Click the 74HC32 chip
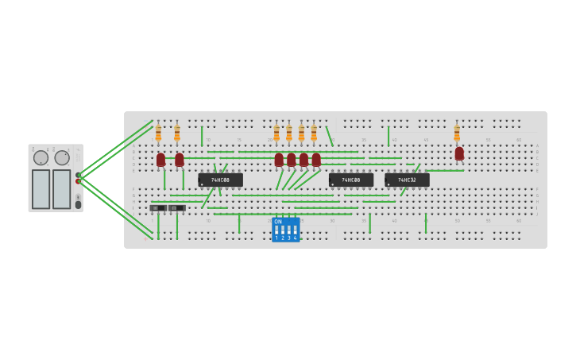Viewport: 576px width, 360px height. coord(407,180)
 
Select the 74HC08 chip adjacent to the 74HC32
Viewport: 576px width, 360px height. coord(351,180)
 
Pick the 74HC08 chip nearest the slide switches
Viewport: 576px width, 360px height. coord(220,180)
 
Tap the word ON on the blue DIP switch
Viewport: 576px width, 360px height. coord(278,222)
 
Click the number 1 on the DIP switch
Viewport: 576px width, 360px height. coord(276,238)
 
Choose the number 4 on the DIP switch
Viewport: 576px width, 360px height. coord(295,238)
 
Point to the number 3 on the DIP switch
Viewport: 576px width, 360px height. coord(288,238)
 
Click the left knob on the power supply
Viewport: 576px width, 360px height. coord(41,157)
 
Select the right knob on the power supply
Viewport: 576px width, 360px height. coord(62,157)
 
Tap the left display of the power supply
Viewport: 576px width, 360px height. coord(41,189)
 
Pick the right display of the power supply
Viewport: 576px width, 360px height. coord(62,189)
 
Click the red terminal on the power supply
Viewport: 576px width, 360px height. coord(78,181)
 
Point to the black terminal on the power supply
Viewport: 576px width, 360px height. coord(78,175)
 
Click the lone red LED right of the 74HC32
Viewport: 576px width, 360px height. coord(459,153)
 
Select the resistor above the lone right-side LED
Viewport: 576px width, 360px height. coord(457,133)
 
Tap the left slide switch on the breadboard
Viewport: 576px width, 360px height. coord(158,208)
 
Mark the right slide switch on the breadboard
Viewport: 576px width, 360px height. coord(176,208)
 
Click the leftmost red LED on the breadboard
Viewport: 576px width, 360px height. coord(160,160)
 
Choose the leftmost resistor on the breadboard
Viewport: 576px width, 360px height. coord(158,133)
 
